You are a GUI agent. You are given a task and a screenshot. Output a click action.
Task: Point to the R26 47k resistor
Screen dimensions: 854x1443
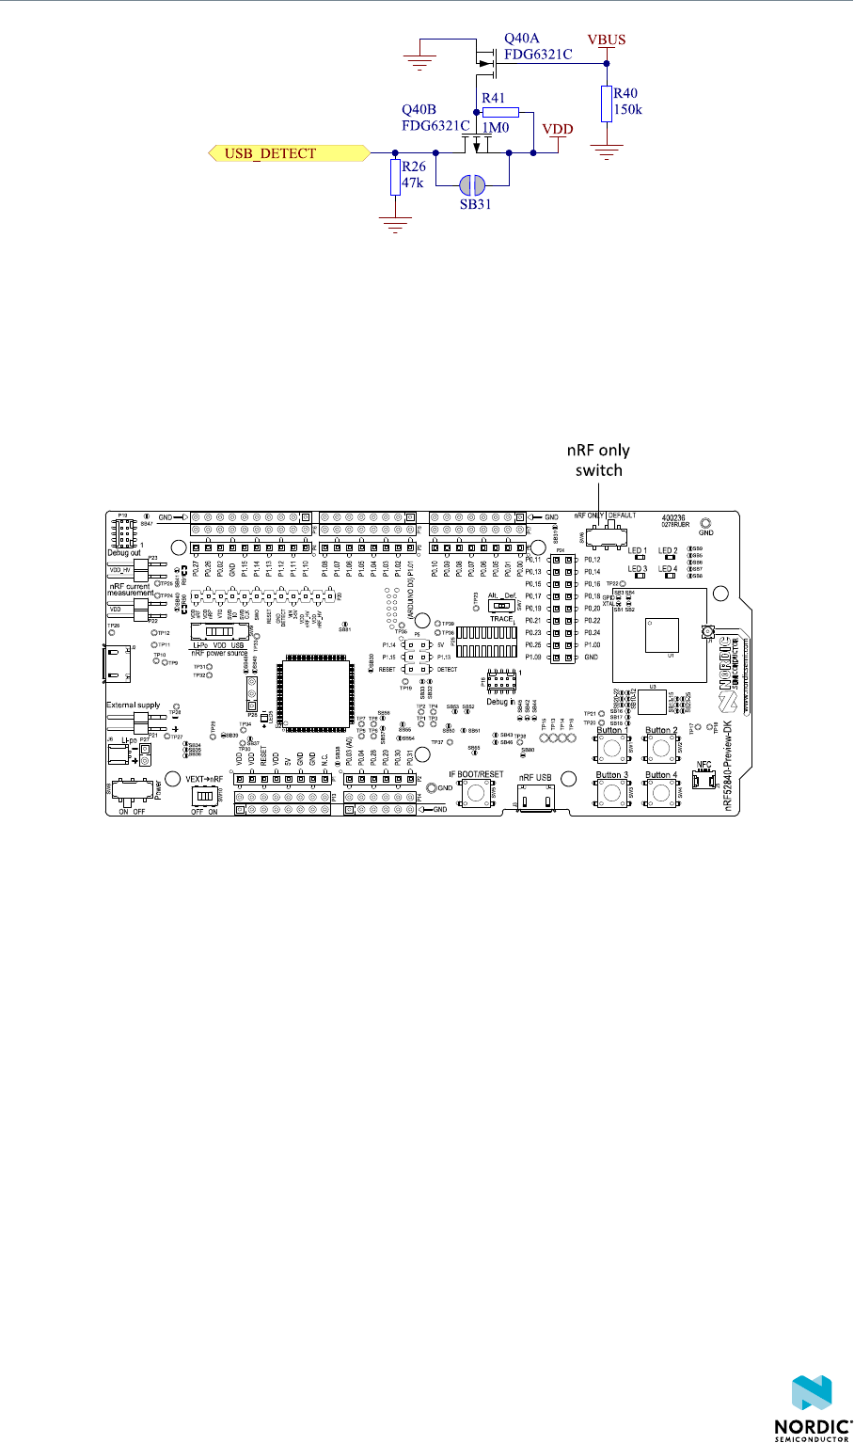(396, 177)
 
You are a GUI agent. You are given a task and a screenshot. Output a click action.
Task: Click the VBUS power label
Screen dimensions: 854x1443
(606, 40)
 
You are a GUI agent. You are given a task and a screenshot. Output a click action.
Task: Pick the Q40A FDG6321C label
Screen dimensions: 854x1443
(537, 46)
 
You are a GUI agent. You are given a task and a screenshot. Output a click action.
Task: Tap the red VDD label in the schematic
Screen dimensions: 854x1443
(560, 129)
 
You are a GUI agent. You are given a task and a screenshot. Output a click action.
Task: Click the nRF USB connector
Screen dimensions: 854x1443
(536, 796)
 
